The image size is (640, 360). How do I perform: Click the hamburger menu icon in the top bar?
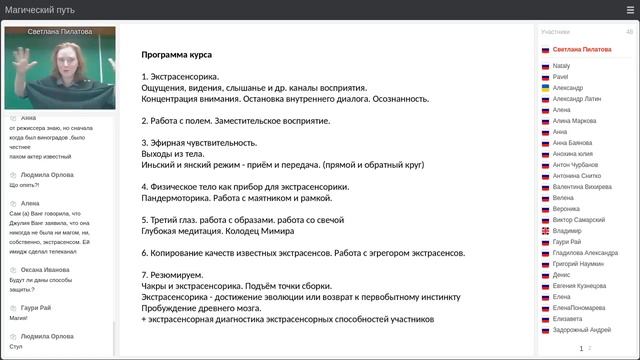(630, 10)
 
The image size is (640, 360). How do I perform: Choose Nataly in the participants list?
(561, 66)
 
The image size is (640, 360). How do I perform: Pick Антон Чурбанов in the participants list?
(576, 164)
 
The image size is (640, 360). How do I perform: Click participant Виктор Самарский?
(578, 219)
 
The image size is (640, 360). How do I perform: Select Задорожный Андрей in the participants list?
(581, 329)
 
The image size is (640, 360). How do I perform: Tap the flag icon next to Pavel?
(545, 77)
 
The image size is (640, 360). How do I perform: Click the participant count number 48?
(629, 32)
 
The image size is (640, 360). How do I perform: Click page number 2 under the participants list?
(589, 348)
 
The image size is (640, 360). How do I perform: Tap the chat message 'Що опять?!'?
(27, 185)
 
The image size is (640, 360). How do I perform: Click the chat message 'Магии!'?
(19, 317)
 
